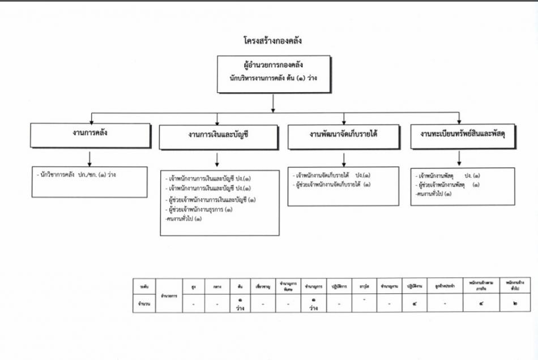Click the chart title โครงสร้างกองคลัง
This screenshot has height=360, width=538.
pos(272,41)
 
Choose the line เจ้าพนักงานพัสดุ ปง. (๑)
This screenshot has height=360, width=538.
pos(443,175)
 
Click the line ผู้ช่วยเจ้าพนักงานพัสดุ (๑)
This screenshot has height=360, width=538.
pos(445,185)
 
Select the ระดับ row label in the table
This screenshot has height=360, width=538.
pos(144,288)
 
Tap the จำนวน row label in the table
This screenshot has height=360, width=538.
pos(144,304)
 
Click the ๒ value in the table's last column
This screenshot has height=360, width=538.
pos(514,303)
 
